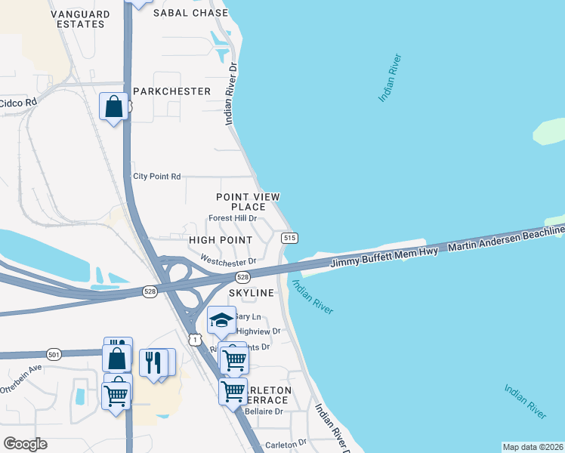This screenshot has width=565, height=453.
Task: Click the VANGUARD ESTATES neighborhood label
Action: [x=79, y=19]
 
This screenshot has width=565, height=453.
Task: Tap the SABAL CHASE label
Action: [x=190, y=13]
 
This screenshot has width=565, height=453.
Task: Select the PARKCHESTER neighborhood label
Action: [x=171, y=91]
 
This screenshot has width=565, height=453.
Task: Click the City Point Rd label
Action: [x=157, y=177]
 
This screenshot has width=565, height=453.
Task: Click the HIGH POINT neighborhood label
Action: [x=219, y=239]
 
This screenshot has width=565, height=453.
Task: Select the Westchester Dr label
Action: [x=228, y=260]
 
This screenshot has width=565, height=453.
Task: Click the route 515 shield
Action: [x=289, y=238]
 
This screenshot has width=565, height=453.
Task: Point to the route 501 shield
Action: [x=53, y=353]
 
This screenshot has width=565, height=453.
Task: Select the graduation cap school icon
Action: [x=221, y=321]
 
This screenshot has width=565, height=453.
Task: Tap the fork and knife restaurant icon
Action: [x=154, y=362]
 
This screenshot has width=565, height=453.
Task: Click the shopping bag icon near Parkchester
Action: [x=113, y=106]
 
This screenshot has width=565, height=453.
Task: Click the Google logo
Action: [x=25, y=444]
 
